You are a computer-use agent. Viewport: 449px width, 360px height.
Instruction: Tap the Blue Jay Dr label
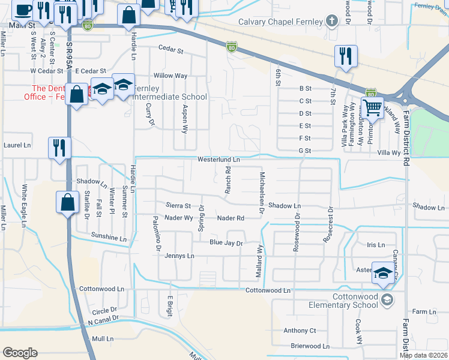(x=225, y=243)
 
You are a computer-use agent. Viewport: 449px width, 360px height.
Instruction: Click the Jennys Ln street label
(x=179, y=256)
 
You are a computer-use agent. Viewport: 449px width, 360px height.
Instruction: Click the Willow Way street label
(x=170, y=76)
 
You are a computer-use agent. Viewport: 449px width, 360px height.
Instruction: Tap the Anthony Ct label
(x=300, y=331)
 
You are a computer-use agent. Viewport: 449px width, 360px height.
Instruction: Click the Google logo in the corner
(x=20, y=353)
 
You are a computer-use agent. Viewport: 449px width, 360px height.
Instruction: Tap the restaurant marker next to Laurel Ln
(x=59, y=148)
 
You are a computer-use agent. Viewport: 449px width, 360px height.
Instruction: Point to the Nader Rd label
(x=231, y=218)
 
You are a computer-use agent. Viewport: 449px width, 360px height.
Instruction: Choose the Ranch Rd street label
(x=228, y=180)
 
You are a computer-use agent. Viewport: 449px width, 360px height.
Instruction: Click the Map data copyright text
(x=423, y=355)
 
